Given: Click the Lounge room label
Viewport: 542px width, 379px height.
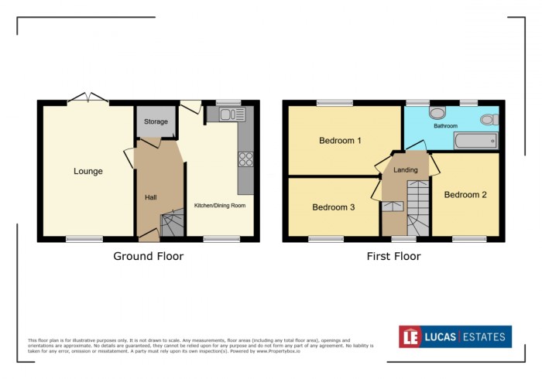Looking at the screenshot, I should pyautogui.click(x=87, y=171).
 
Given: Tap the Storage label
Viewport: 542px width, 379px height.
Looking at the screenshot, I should pyautogui.click(x=156, y=122).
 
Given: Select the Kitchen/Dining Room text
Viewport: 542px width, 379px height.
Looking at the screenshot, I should pyautogui.click(x=219, y=205).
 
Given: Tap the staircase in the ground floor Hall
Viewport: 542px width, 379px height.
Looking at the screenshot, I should pyautogui.click(x=171, y=225).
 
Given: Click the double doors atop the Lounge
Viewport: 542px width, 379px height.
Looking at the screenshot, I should pyautogui.click(x=87, y=98).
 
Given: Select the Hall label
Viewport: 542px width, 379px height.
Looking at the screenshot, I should pyautogui.click(x=150, y=198).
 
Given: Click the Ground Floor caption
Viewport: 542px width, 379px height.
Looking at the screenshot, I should pyautogui.click(x=148, y=256).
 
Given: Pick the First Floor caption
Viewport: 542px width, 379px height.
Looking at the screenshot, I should pyautogui.click(x=393, y=256).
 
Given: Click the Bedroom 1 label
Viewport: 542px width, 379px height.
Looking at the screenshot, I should pyautogui.click(x=340, y=141).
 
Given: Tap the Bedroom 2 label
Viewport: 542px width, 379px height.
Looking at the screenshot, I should pyautogui.click(x=465, y=195).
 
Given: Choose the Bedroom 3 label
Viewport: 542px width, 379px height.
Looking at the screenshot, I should pyautogui.click(x=334, y=207).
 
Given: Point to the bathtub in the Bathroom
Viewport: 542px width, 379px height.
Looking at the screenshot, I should pyautogui.click(x=474, y=141).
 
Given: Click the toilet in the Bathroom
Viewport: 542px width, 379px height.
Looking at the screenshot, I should pyautogui.click(x=489, y=119).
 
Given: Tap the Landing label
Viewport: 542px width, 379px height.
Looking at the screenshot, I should pyautogui.click(x=405, y=170).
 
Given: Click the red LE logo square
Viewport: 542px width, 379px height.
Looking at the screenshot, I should pyautogui.click(x=410, y=336).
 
